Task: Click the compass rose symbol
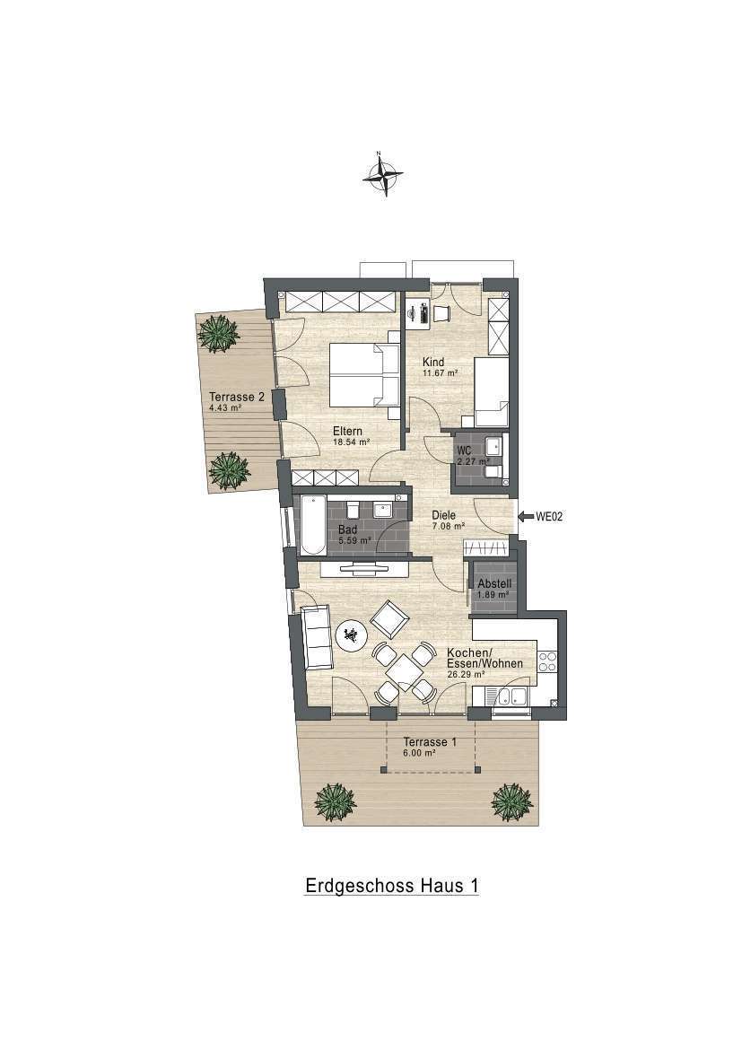[382, 175]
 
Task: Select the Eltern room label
[347, 432]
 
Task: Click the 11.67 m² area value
[440, 373]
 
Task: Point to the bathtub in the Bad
[312, 526]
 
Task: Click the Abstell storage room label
[493, 584]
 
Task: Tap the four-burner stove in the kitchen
[547, 661]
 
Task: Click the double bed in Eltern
[365, 376]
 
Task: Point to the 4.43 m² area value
[225, 407]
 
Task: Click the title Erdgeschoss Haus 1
[392, 885]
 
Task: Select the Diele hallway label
[443, 515]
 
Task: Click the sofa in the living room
[318, 637]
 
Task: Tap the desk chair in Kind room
[442, 312]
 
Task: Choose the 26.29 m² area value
[466, 675]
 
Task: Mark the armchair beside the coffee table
[389, 620]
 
